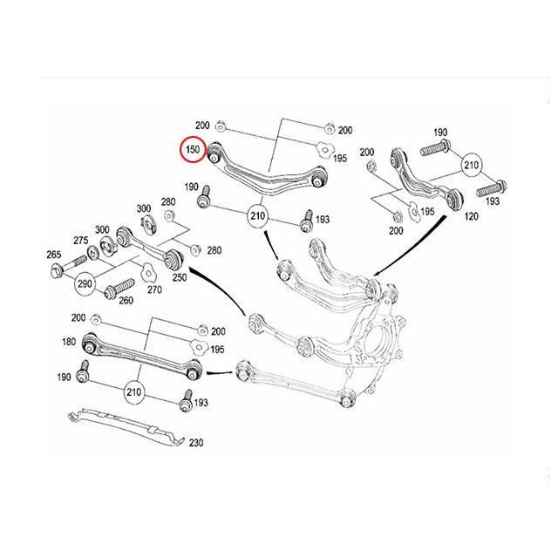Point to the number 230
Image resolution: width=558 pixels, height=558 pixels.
pyautogui.click(x=195, y=443)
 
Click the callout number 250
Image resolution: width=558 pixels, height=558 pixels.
pyautogui.click(x=180, y=277)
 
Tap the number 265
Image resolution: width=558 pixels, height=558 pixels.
pyautogui.click(x=53, y=254)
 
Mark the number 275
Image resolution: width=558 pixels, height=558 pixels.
pyautogui.click(x=80, y=240)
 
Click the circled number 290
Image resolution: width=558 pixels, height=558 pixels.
pyautogui.click(x=85, y=283)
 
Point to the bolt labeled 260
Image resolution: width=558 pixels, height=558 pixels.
pyautogui.click(x=118, y=286)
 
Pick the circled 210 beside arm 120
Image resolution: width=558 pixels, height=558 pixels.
pyautogui.click(x=472, y=165)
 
